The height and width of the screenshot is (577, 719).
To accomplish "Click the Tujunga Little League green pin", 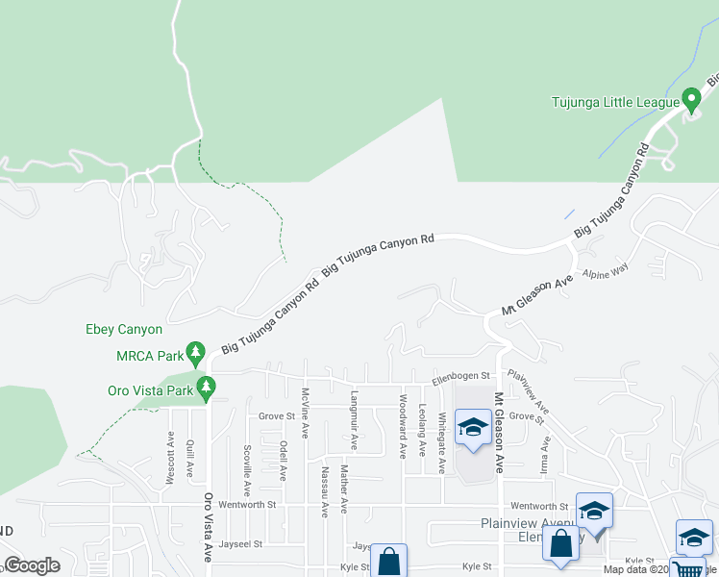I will coord(690,99).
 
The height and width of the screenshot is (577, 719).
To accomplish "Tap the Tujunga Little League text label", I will coord(614,101).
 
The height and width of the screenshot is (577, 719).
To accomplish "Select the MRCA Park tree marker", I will coord(196,352).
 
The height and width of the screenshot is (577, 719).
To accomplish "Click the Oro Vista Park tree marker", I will coord(206,388).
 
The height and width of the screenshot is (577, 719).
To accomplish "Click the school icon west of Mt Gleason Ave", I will coord(473,427).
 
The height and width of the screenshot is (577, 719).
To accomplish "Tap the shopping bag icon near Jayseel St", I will coord(388,561).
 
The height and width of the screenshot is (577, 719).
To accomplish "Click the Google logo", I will coord(33,564).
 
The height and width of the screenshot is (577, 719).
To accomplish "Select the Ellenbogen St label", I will coord(461,377).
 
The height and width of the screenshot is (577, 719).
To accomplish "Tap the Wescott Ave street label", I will coord(169,457).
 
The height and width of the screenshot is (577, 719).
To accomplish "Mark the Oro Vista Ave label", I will coord(207,527).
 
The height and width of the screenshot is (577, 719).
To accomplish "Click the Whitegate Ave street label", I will coord(441,443).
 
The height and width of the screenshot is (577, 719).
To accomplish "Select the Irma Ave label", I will coord(545,454).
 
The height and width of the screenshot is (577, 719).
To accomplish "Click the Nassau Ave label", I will coord(325,491).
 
